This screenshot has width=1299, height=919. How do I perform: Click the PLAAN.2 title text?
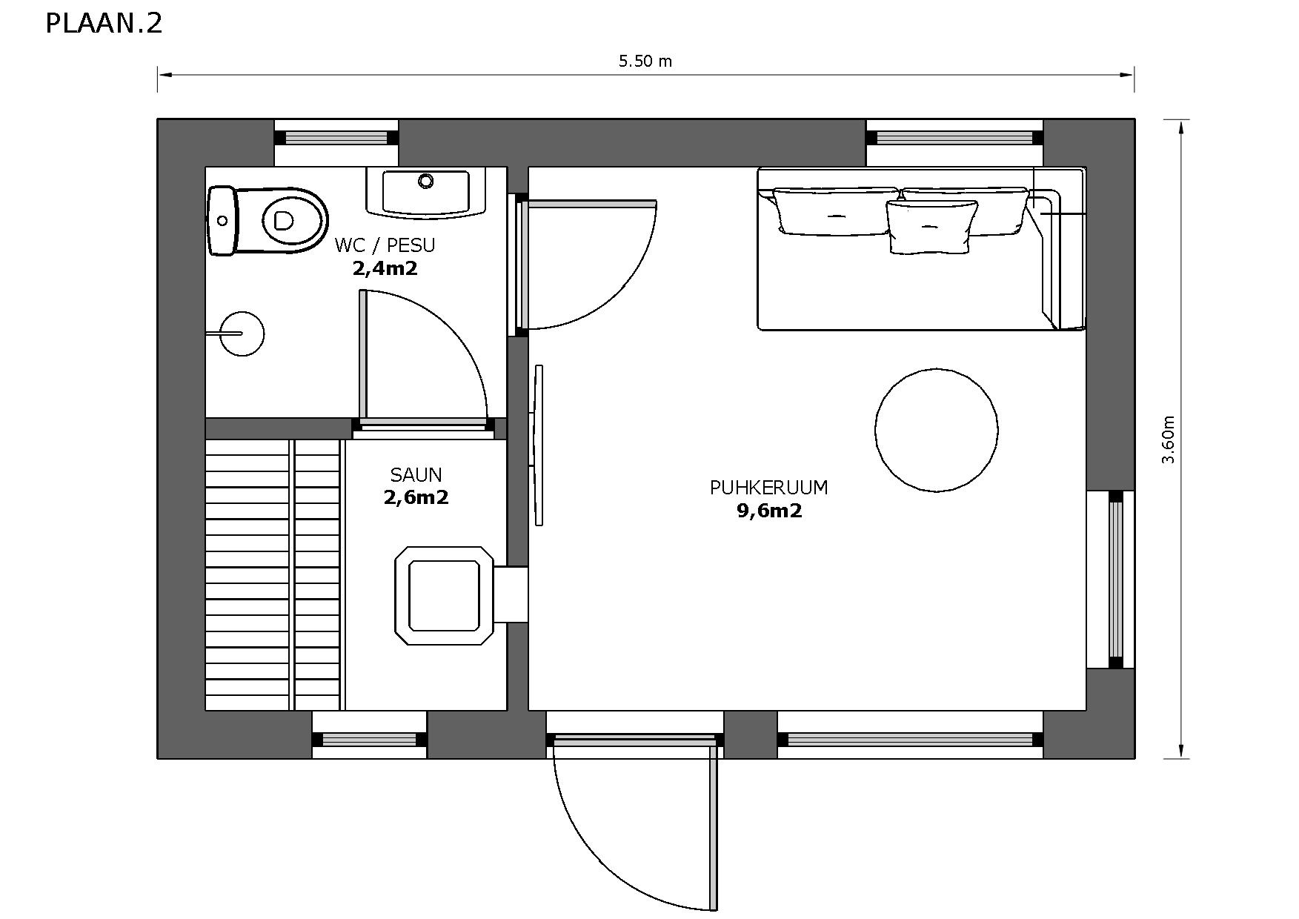point(104,24)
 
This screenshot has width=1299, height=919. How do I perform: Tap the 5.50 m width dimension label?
point(645,62)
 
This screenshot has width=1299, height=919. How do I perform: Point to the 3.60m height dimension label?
point(1169,439)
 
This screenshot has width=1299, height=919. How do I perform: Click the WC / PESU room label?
point(385,245)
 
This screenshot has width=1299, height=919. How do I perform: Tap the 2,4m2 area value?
point(385,268)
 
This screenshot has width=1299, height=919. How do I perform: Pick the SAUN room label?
point(416,475)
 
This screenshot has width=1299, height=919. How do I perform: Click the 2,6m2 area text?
point(416,497)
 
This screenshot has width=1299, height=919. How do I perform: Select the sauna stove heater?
point(444,596)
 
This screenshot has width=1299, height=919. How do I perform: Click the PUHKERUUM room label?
point(768,488)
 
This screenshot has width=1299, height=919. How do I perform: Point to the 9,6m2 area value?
point(769,511)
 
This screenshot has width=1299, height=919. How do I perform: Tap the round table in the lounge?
point(936,430)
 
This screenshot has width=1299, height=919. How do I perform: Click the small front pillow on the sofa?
point(931,226)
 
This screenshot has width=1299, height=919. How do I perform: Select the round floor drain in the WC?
point(242,334)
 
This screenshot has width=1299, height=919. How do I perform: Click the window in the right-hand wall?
point(1115,579)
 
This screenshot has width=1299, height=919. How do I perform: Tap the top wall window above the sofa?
point(954,138)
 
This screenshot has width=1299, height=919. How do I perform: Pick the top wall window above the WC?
point(336,138)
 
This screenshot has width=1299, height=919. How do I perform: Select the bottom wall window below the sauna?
point(369,739)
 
